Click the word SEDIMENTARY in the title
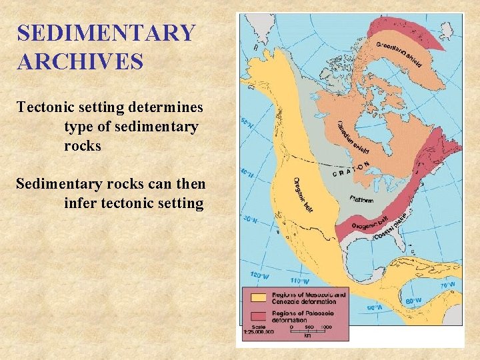(107, 33)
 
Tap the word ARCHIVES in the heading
(80, 61)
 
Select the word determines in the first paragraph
(171, 107)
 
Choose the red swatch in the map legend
(256, 313)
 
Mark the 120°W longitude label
(257, 274)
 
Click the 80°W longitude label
(413, 301)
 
